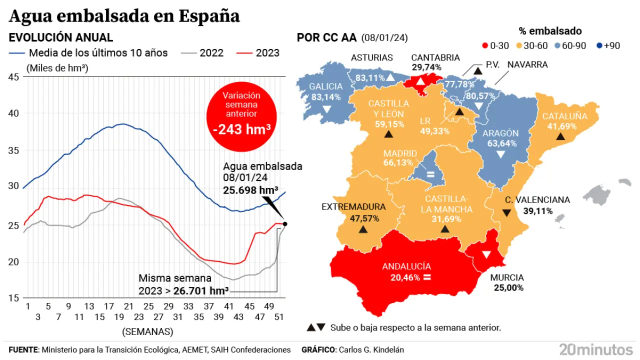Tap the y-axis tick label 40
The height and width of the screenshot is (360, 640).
13,113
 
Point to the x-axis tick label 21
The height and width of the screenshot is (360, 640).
128,306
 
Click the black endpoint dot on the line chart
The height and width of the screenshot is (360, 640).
285,224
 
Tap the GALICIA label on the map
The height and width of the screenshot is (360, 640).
325,86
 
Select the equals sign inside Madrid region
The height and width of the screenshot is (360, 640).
429,174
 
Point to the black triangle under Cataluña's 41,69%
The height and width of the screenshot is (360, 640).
560,136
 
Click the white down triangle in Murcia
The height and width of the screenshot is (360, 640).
485,254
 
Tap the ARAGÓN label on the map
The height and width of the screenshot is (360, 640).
500,133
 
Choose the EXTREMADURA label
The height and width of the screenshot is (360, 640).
353,207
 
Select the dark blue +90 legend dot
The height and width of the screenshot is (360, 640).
599,45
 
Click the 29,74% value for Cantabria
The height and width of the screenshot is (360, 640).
426,67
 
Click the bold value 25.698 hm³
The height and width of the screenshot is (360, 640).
250,190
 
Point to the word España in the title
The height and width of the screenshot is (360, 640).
209,16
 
